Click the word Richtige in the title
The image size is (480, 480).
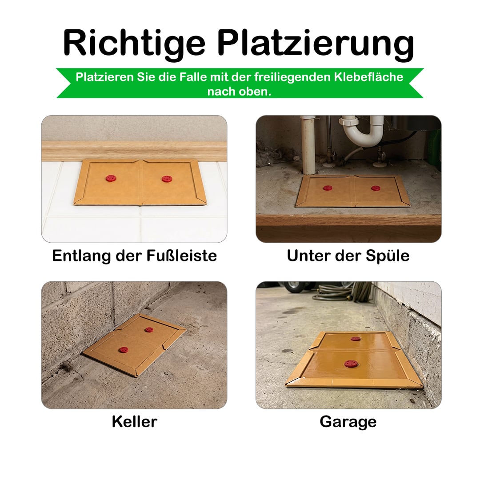(x=134, y=43)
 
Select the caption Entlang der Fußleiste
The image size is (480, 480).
(x=134, y=256)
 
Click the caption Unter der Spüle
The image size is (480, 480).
(x=348, y=256)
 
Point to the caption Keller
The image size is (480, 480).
(x=134, y=421)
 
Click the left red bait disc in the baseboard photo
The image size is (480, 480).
(x=111, y=178)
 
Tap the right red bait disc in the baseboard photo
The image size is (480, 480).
(x=167, y=179)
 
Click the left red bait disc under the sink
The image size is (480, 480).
(x=327, y=188)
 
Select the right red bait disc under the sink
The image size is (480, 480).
(x=376, y=188)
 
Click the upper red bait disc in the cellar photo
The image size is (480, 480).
(x=149, y=330)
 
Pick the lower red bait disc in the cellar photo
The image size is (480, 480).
(x=124, y=350)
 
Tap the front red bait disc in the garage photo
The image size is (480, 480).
(x=351, y=364)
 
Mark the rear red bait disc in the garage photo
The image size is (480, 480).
(x=356, y=339)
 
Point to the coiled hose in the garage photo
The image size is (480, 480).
(x=342, y=291)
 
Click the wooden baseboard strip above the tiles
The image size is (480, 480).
(x=134, y=151)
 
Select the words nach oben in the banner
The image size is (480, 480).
(x=240, y=92)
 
